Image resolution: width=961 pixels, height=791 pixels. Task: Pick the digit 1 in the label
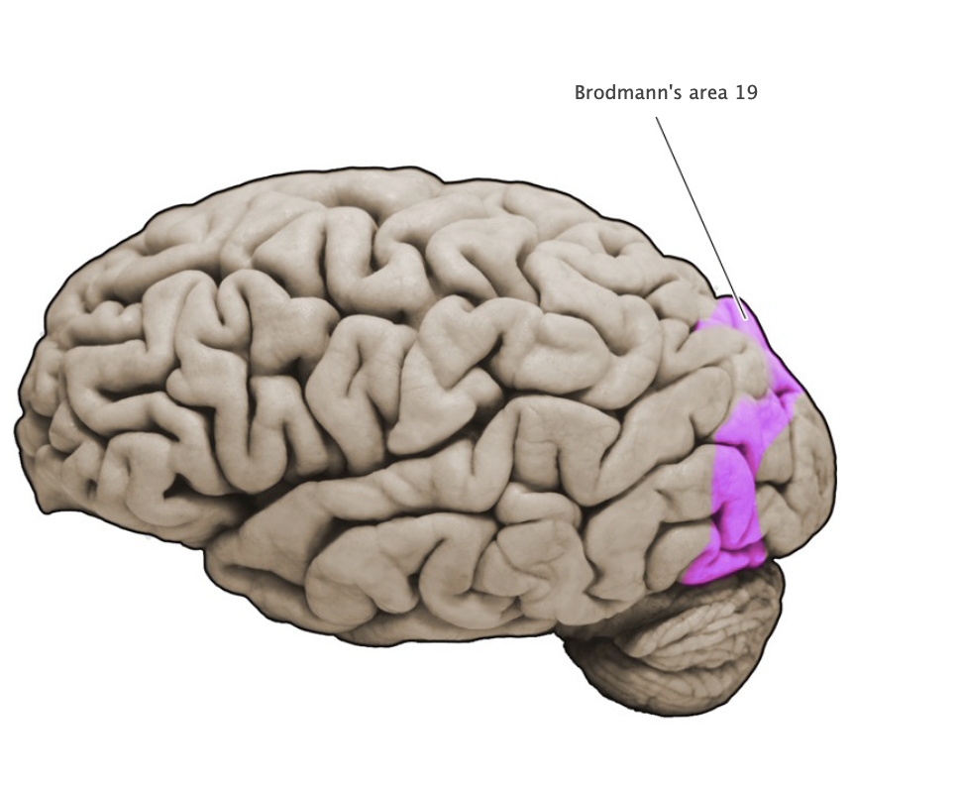[x=741, y=93]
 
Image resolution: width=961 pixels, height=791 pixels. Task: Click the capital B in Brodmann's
[x=581, y=93]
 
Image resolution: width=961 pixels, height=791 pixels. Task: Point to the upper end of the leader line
[x=656, y=118]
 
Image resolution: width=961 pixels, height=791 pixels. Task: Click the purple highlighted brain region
[x=738, y=476]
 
